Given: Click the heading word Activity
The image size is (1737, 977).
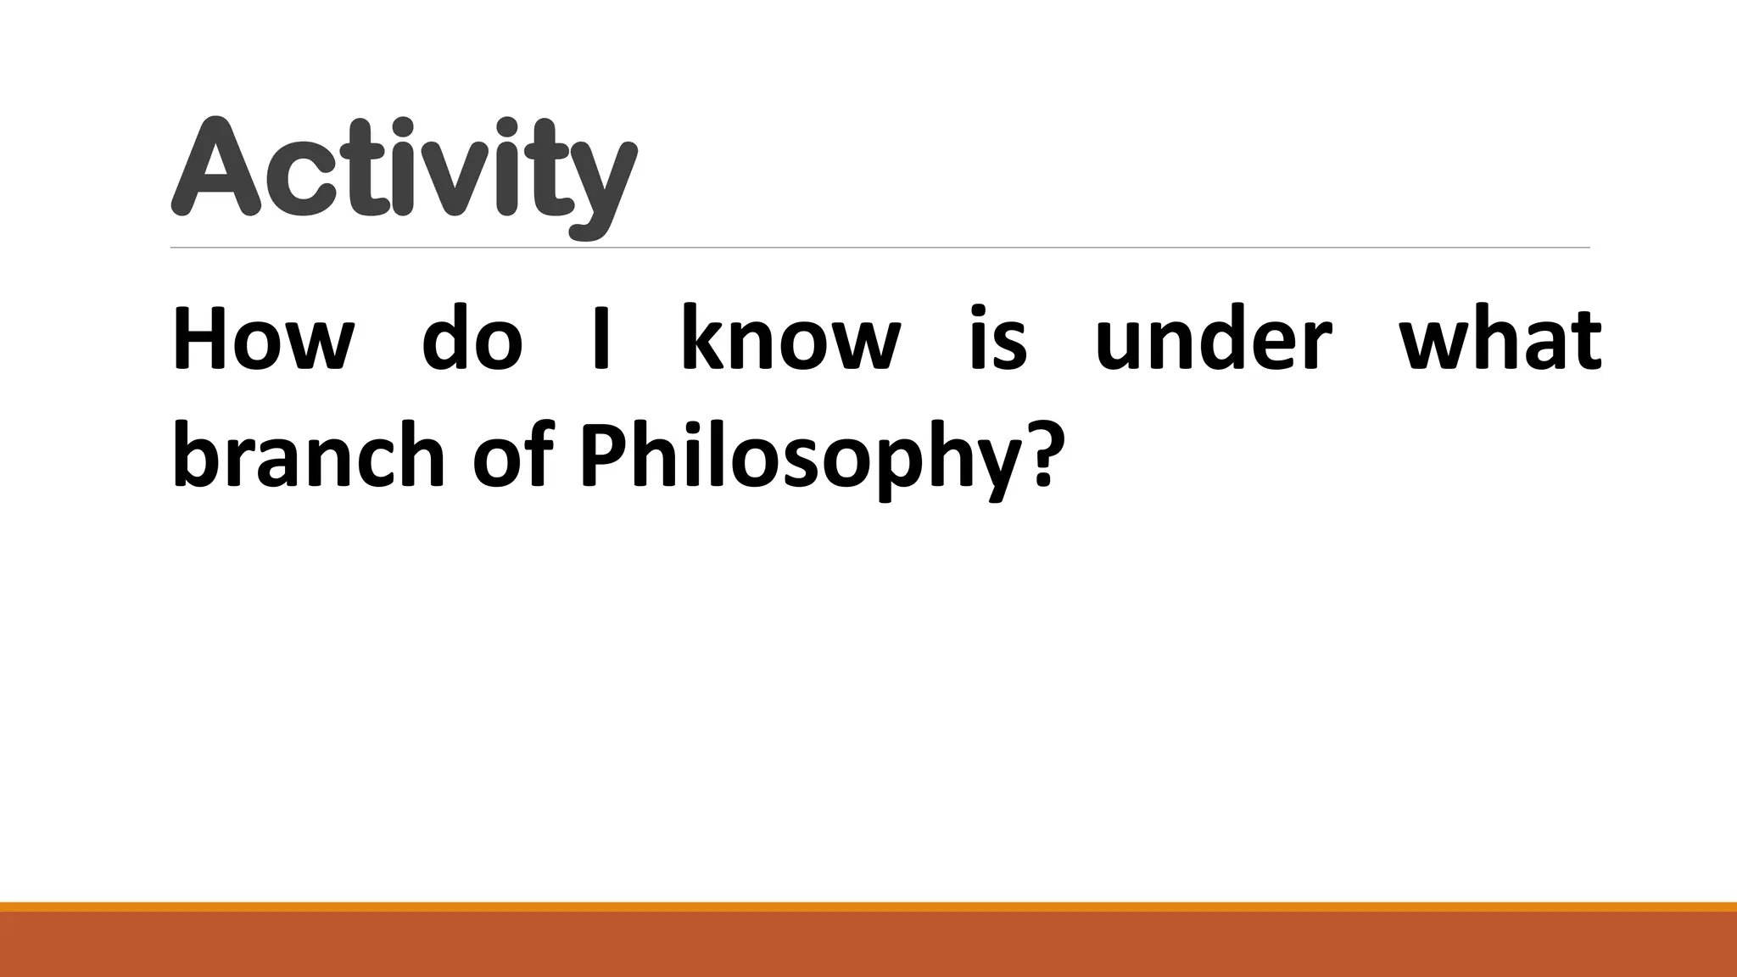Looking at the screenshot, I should pos(404,170).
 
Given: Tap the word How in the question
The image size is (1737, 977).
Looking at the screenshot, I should pos(263,339).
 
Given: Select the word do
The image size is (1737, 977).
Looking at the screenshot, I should pos(472,339).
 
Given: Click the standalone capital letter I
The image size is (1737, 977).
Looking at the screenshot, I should pos(601,339).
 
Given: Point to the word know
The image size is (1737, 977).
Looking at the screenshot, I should pos(790,339).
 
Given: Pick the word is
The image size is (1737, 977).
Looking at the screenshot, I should pos(998,339).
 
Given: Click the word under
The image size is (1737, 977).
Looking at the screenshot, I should pos(1213,339).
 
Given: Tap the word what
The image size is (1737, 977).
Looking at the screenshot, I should pos(1500,339).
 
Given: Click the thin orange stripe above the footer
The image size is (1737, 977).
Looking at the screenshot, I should pos(868,906).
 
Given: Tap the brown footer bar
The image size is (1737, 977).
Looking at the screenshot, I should pos(868,945).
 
